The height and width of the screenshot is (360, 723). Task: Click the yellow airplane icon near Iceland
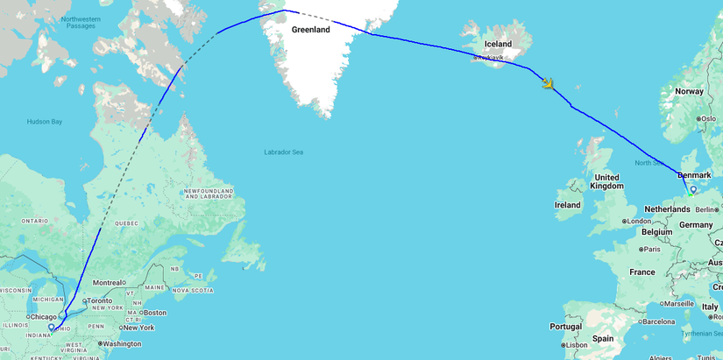tap(548, 84)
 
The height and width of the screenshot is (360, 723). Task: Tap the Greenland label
tap(311, 30)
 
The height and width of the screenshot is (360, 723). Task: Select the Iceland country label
tap(498, 44)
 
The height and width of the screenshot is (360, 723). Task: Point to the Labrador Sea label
tap(283, 152)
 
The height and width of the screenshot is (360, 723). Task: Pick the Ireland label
tap(567, 205)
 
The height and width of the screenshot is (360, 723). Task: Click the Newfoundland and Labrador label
tap(209, 194)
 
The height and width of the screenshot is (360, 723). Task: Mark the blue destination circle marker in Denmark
tap(692, 189)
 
